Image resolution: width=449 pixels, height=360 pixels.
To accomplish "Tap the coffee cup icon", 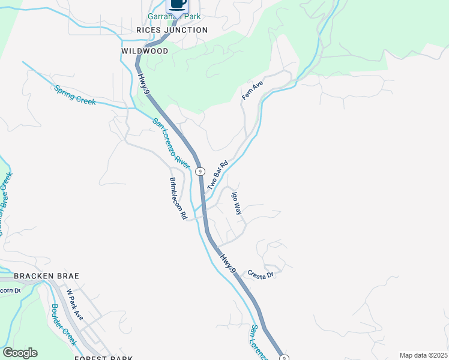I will pos(177,4).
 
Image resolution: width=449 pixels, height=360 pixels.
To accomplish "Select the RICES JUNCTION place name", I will pos(172,30).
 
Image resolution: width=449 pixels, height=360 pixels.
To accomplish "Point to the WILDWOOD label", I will pos(145,52).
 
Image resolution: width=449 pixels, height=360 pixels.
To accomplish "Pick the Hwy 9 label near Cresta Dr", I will pos(228,263).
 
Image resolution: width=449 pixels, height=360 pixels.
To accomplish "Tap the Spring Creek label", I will pos(75,95).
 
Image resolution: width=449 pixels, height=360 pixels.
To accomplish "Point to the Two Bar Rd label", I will pos(218,176).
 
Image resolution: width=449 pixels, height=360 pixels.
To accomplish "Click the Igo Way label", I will pos(237,204).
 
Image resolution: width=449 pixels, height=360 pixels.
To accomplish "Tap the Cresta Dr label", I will pos(261,273).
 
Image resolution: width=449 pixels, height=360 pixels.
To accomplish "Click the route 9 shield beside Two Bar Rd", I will pos(200,171).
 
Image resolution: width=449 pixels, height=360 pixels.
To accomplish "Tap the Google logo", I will pos(20,353).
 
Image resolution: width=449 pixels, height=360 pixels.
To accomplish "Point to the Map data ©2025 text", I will pos(423,355).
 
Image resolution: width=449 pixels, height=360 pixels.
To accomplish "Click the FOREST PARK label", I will pos(103,358).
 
